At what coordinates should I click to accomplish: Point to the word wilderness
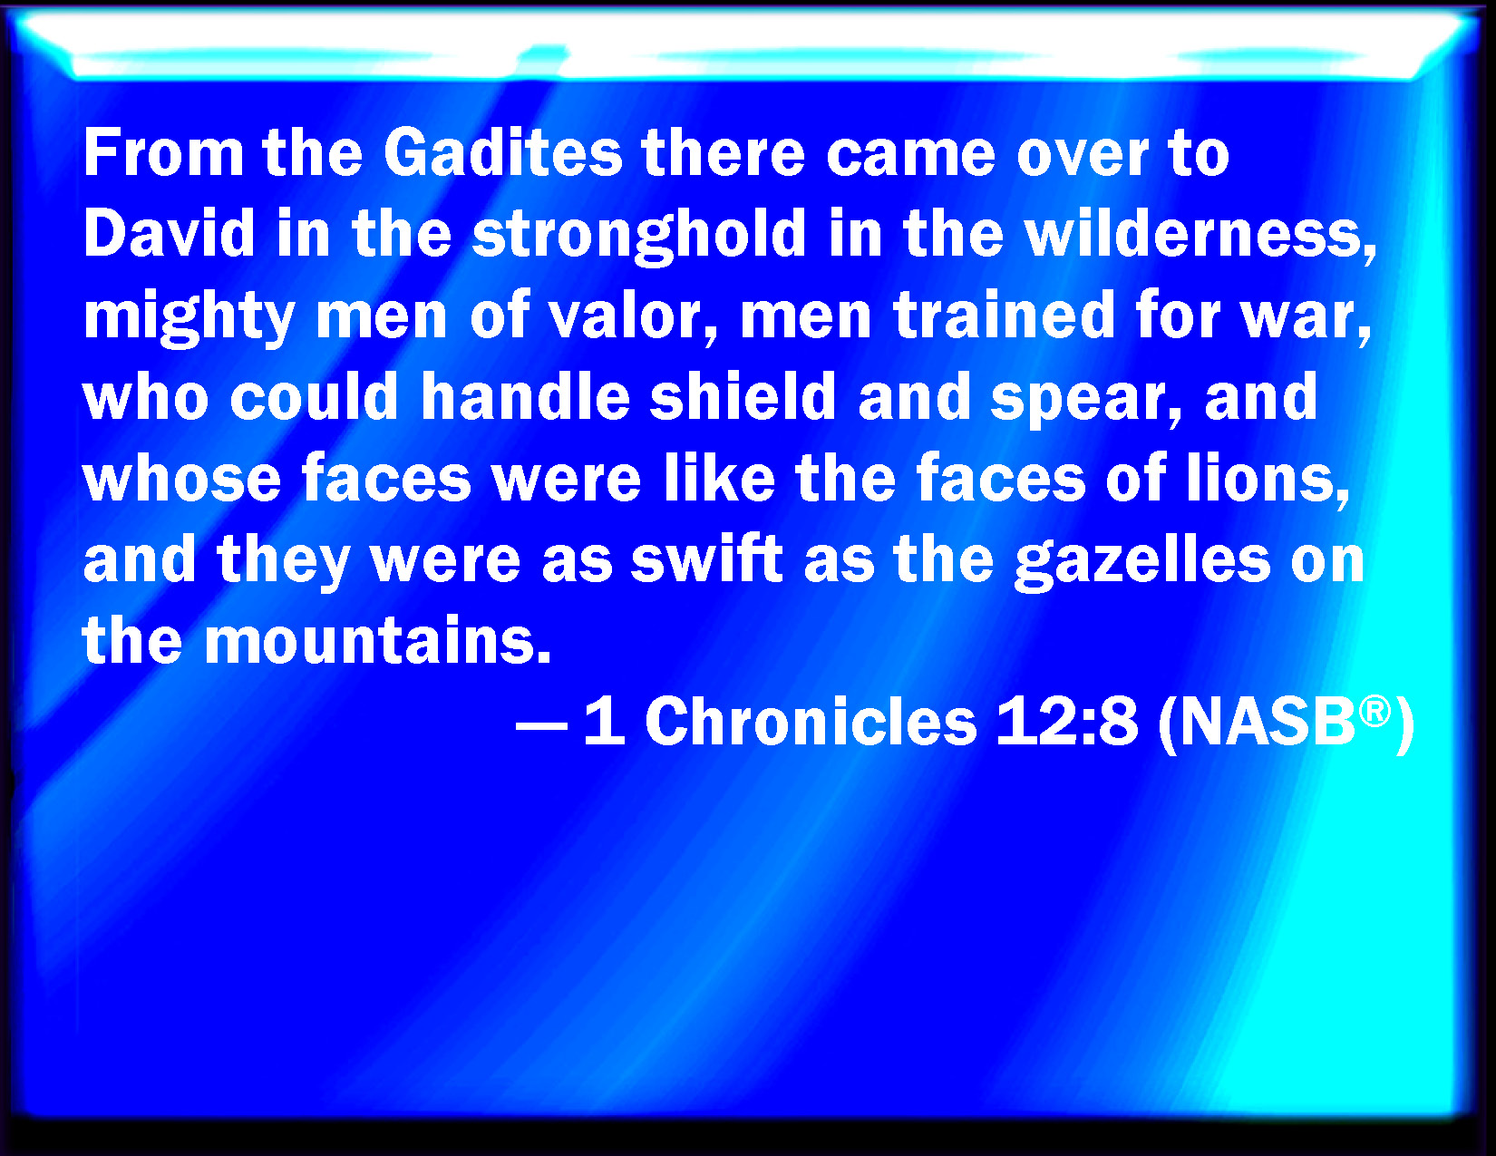click(1200, 235)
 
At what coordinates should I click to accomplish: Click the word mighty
click(189, 317)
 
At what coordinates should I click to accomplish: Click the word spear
click(1085, 399)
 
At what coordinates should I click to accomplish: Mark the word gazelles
click(1142, 561)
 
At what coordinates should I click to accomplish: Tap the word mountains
click(378, 639)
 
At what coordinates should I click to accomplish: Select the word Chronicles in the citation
click(811, 721)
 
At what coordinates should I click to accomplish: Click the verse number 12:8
click(1066, 721)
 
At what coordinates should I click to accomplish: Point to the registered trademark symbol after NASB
click(1375, 711)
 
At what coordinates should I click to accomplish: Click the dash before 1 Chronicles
click(541, 725)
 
